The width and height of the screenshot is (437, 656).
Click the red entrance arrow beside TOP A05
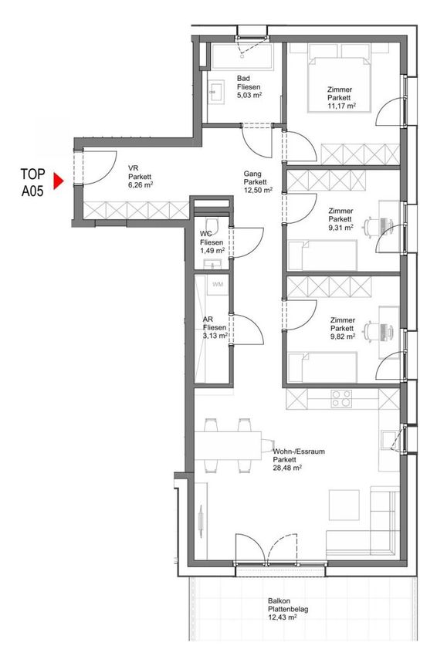point(58,181)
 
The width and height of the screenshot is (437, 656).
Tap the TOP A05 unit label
point(32,182)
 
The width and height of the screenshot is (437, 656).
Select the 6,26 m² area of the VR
point(141,184)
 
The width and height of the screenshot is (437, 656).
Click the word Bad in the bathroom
point(243,78)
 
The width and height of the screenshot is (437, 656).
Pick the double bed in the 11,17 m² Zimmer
point(340,78)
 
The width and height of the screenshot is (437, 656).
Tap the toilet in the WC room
point(212,223)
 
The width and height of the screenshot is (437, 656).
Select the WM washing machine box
point(218,285)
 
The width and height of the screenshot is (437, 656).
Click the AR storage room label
point(208,320)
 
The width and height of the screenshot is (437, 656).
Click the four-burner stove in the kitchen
point(341,399)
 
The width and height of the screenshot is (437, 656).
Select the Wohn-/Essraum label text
point(299,451)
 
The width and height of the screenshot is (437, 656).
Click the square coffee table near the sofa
point(344,505)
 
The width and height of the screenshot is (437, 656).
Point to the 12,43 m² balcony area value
point(283,617)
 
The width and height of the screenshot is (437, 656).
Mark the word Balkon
point(279,601)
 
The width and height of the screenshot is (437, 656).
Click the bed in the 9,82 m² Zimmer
point(323,367)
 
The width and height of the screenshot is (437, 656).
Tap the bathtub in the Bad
point(242,56)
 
